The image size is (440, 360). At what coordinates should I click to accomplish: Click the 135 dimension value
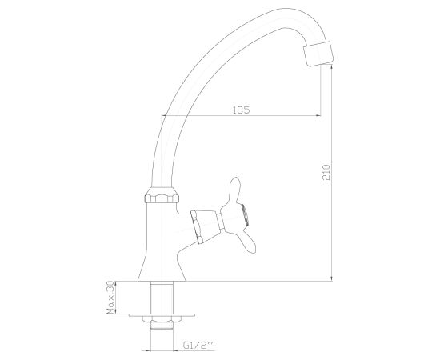241,110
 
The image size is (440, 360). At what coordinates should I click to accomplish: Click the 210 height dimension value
327,172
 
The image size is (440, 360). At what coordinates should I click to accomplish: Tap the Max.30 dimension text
111,297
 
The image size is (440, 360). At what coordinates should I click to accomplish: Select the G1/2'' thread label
198,345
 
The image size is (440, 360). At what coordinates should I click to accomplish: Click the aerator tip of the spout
319,54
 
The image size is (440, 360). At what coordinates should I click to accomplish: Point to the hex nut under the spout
162,194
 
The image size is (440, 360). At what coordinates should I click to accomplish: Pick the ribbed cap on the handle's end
245,215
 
